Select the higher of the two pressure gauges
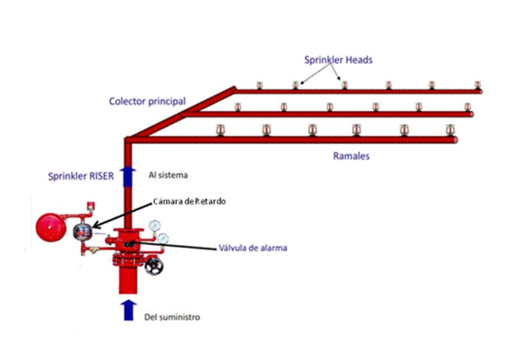(155, 225)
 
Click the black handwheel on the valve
(154, 266)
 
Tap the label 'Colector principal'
(147, 102)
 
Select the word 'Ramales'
(351, 156)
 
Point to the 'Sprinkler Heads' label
(339, 60)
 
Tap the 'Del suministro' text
(172, 317)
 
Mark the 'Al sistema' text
(168, 175)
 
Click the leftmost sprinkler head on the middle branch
(238, 107)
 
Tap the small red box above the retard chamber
(87, 205)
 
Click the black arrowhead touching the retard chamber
(94, 226)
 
